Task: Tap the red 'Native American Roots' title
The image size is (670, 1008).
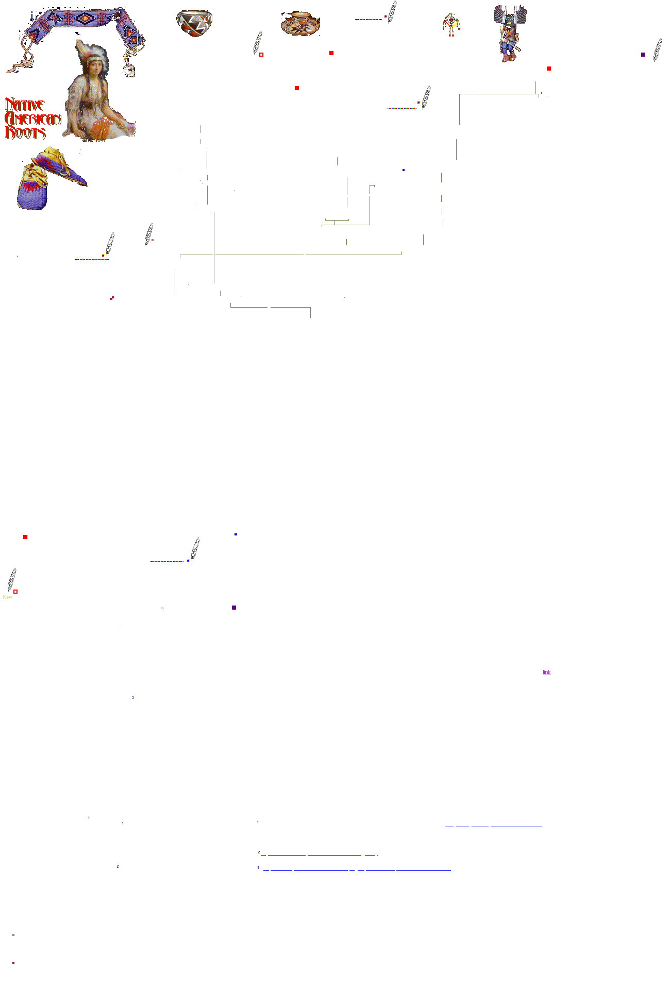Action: tap(32, 119)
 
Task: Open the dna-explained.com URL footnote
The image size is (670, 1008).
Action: tap(357, 868)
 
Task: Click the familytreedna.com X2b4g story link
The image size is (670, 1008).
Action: tap(319, 853)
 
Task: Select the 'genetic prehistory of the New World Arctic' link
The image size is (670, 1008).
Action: tap(493, 824)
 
